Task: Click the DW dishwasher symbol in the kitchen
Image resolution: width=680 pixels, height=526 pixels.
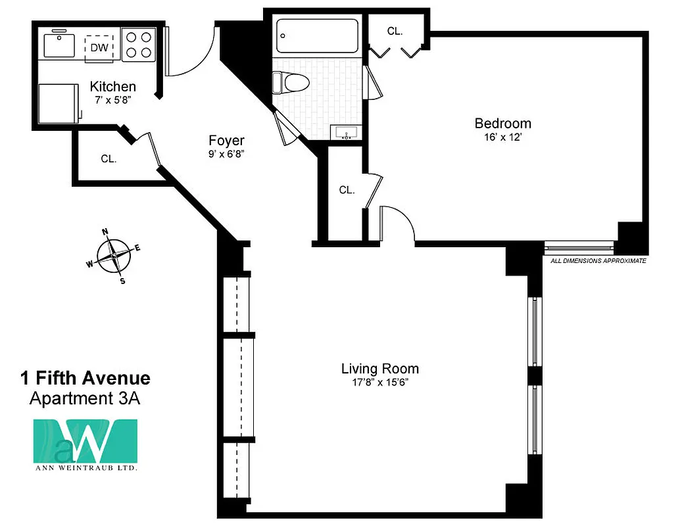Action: tap(99, 47)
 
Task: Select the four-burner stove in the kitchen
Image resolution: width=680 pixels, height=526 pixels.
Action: tap(138, 45)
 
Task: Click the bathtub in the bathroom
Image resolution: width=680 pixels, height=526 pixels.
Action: tap(317, 36)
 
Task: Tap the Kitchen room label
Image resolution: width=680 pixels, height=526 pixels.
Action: tap(113, 87)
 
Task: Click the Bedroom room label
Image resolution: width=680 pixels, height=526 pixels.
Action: tap(502, 124)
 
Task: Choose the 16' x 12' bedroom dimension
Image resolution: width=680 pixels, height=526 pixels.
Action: tap(502, 138)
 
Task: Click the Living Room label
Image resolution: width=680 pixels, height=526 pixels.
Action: tap(379, 369)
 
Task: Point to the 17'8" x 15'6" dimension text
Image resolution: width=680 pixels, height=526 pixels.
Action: tap(379, 383)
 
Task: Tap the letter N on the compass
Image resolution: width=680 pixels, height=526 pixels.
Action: tap(105, 231)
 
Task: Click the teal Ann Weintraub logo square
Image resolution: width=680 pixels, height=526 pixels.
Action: tap(85, 441)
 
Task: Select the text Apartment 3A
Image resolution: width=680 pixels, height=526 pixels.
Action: tap(85, 398)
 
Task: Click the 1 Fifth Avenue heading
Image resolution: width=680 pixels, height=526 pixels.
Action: tap(85, 378)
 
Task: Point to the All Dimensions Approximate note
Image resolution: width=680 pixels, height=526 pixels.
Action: tap(598, 261)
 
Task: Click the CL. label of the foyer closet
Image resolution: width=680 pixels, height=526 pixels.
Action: tap(109, 158)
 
